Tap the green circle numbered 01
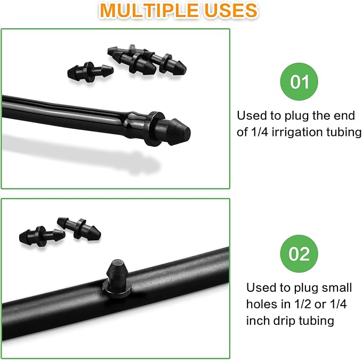[x=299, y=82]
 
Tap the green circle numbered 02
[x=299, y=253]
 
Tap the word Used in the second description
[x=261, y=288]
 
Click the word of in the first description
[x=243, y=132]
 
